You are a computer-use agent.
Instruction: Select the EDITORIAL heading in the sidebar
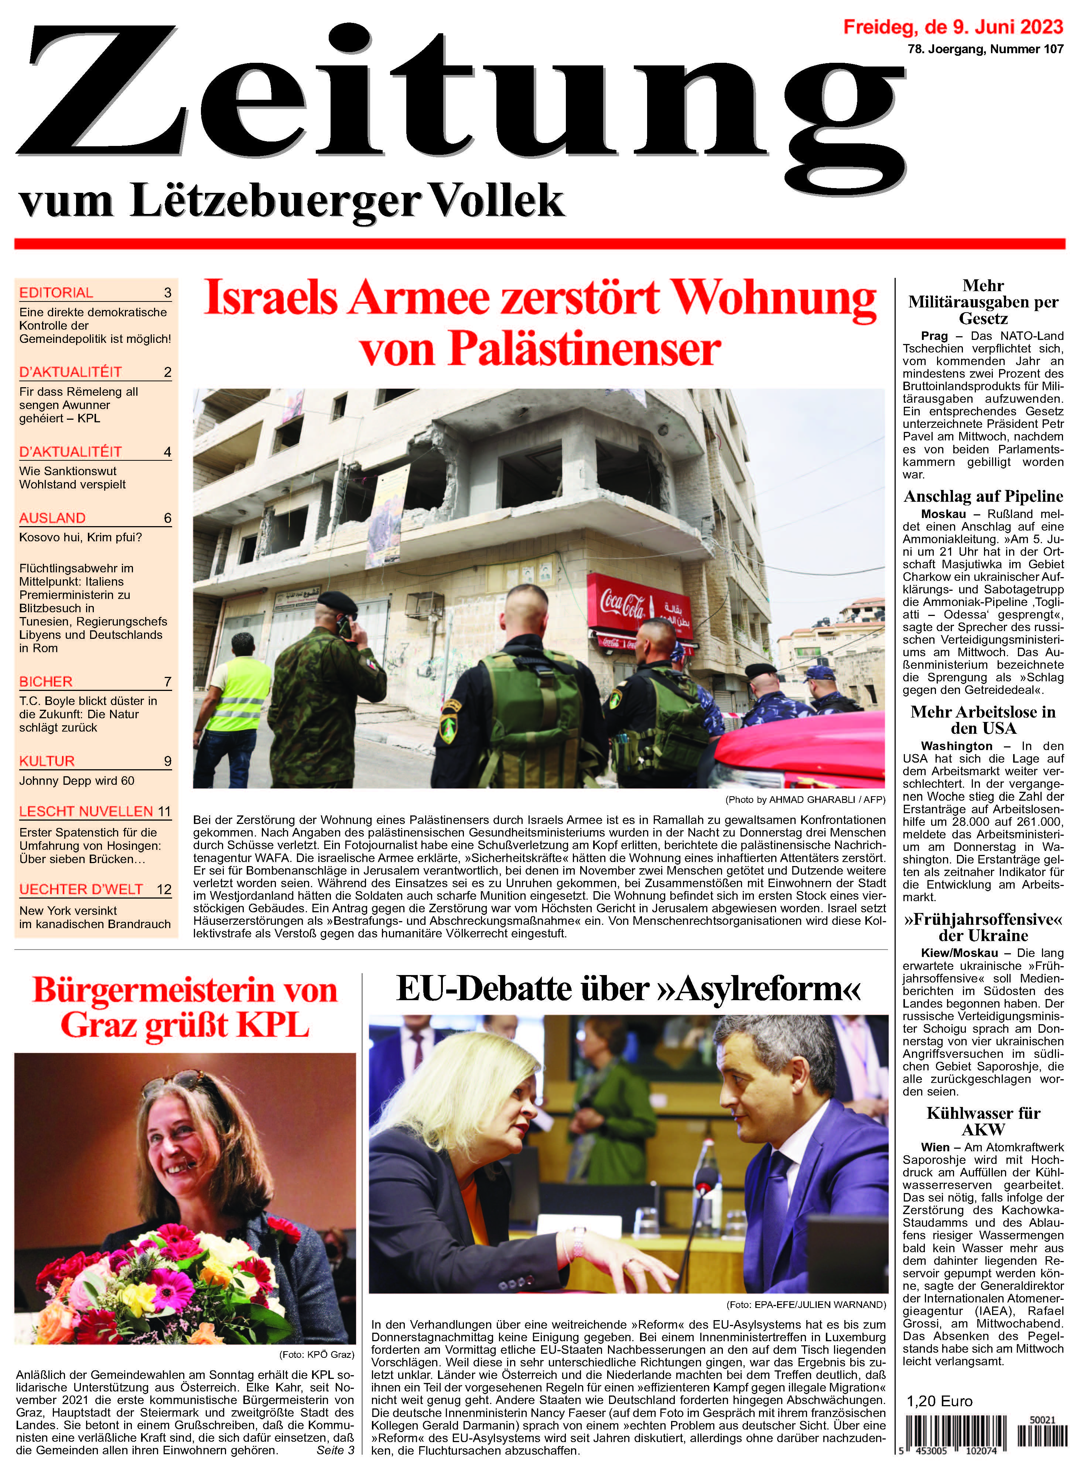click(x=56, y=292)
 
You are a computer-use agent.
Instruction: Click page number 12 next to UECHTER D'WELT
click(x=164, y=889)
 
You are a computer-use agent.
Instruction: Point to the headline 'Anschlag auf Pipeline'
click(x=983, y=496)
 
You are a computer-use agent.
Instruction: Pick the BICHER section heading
click(x=46, y=681)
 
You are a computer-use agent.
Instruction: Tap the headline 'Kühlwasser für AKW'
click(x=983, y=1121)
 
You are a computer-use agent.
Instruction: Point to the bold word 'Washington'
click(x=956, y=746)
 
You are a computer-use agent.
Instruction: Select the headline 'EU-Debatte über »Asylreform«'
click(x=628, y=988)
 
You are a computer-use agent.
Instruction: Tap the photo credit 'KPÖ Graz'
click(x=317, y=1354)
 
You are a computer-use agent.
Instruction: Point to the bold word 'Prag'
click(x=934, y=335)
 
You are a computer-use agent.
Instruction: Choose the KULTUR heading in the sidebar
click(x=47, y=761)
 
